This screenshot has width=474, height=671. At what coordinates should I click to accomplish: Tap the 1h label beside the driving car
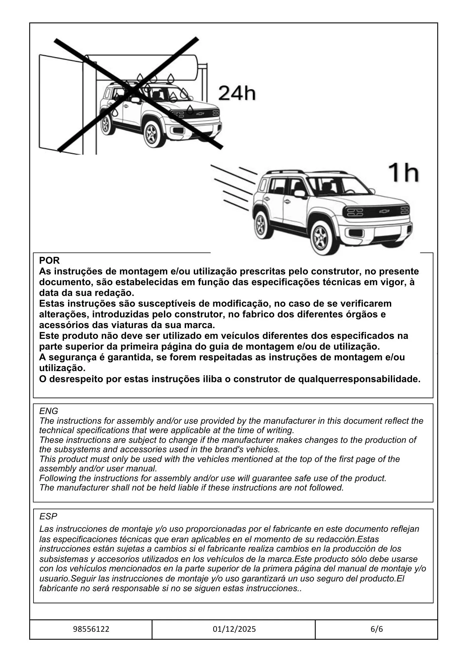tap(403, 173)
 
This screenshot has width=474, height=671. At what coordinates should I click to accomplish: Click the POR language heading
tap(49, 260)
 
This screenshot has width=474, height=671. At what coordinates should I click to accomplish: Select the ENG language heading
tap(49, 411)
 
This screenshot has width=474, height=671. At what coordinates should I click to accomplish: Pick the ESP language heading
tap(48, 516)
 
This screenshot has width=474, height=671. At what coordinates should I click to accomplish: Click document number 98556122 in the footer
tap(91, 629)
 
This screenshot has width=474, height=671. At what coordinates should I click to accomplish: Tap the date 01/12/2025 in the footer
tap(234, 629)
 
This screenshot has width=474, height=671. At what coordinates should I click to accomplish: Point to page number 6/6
tap(376, 629)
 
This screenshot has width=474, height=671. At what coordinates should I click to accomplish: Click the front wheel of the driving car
tap(320, 238)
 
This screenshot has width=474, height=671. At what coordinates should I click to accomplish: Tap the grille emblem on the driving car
tap(384, 211)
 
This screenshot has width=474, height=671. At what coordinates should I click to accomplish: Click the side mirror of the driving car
tap(299, 194)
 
